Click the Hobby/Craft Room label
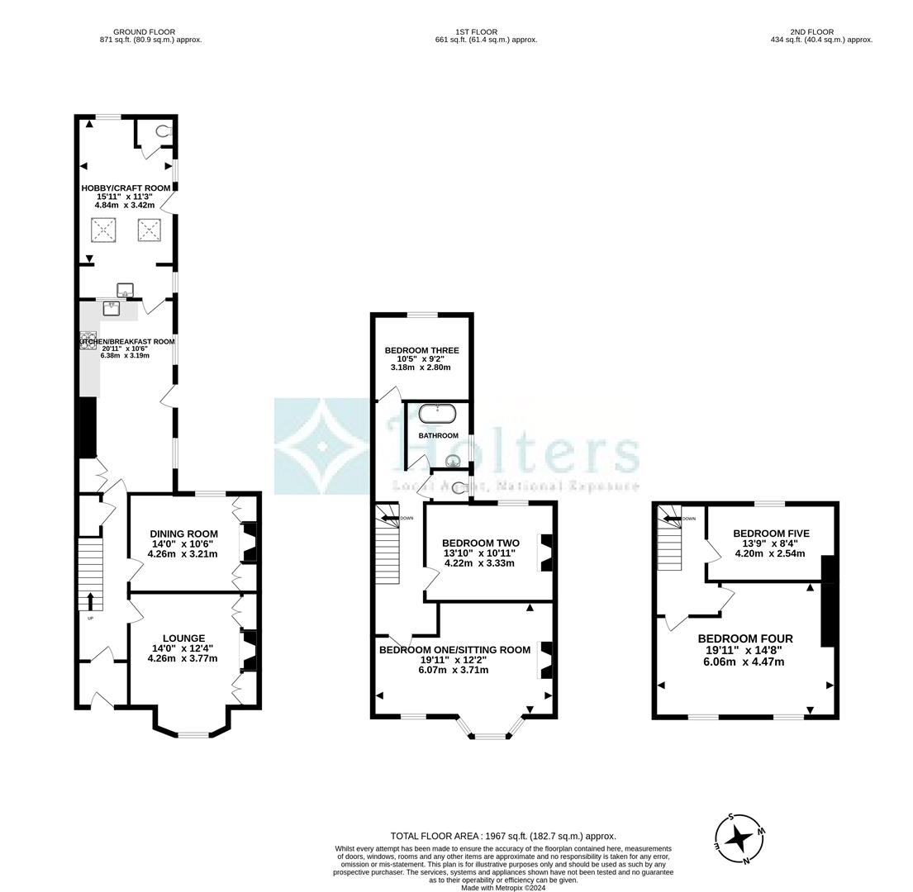[126, 188]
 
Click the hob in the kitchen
[88, 340]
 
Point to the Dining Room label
[183, 534]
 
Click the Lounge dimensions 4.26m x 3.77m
[183, 658]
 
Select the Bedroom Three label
[421, 350]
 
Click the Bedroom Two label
[480, 543]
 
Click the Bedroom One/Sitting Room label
[454, 650]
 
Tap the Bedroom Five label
[771, 534]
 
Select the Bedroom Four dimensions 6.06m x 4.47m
[744, 662]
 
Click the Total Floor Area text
[502, 836]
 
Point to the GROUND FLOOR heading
[145, 32]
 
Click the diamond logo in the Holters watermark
[323, 447]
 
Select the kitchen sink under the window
[112, 308]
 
